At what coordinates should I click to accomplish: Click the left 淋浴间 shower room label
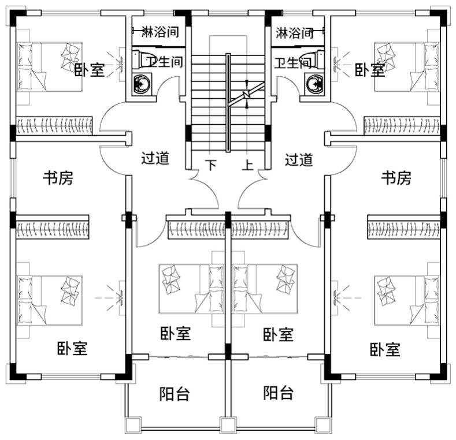(158, 31)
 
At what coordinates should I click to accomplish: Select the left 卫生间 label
(164, 61)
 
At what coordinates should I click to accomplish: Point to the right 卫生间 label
(292, 61)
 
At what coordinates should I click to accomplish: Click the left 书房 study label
(58, 178)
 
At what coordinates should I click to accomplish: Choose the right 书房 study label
(396, 178)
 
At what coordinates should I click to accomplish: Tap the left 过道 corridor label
(155, 158)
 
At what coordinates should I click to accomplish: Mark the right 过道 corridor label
(299, 159)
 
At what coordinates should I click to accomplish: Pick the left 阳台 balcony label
(175, 394)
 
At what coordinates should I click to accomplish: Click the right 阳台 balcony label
(279, 393)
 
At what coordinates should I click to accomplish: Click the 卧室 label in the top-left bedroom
(90, 70)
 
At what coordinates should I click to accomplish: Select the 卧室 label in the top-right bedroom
(369, 70)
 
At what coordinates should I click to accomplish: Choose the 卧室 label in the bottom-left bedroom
(72, 348)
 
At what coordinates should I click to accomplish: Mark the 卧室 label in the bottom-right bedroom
(385, 349)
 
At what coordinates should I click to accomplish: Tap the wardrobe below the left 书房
(53, 228)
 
